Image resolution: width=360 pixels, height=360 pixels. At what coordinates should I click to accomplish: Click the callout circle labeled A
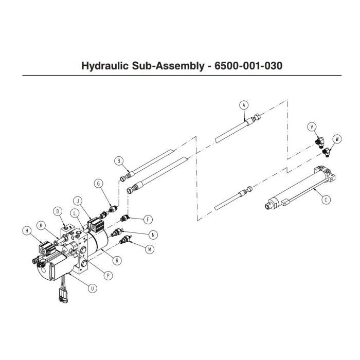tap(244, 104)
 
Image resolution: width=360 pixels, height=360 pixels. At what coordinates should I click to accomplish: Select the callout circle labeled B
tap(119, 161)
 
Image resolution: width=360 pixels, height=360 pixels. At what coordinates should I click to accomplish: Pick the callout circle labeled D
tap(58, 211)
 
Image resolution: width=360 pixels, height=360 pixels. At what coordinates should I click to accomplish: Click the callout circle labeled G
tap(98, 184)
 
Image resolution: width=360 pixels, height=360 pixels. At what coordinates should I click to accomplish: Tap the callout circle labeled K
tap(40, 225)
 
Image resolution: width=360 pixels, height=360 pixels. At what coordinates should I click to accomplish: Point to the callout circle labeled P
tap(109, 275)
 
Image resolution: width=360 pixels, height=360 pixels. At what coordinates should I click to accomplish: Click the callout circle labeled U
tap(92, 288)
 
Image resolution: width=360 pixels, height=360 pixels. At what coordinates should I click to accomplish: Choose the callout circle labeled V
tap(311, 127)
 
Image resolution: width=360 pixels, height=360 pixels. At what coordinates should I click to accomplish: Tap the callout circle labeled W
tap(337, 138)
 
